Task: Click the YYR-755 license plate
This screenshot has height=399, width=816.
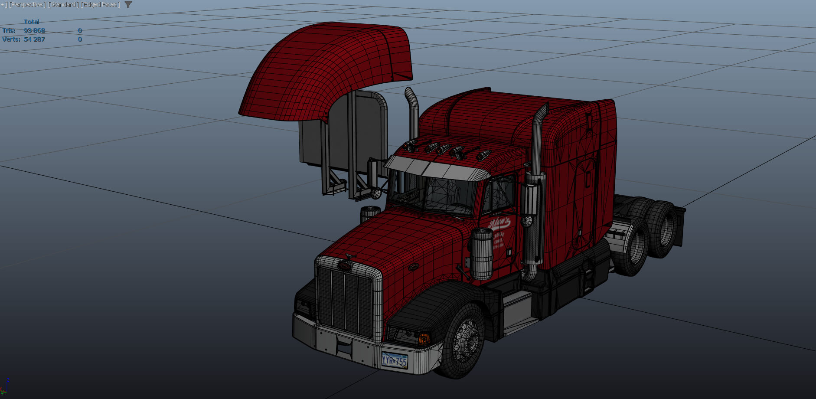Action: tap(394, 360)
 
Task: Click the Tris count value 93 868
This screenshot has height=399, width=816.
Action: tap(34, 31)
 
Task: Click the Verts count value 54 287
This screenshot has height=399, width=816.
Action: tap(34, 39)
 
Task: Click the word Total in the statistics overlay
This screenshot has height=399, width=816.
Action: tap(31, 22)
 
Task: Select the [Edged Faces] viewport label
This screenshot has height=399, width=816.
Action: tap(100, 5)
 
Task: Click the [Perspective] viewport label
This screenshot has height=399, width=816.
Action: tap(27, 5)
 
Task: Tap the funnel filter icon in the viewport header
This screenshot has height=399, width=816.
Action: tap(128, 4)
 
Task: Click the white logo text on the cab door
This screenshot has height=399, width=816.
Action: tap(499, 223)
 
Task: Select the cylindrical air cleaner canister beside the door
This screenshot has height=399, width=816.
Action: tap(482, 254)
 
